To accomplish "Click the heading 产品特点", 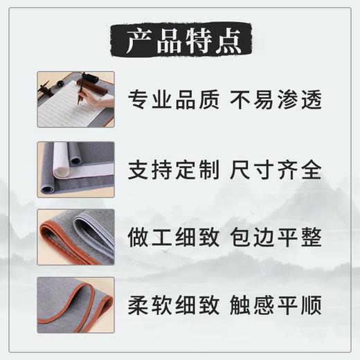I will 179,42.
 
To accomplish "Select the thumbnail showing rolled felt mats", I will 75,168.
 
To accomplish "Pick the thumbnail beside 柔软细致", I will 75,304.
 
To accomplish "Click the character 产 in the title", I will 134,42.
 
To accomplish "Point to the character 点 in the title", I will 226,42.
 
